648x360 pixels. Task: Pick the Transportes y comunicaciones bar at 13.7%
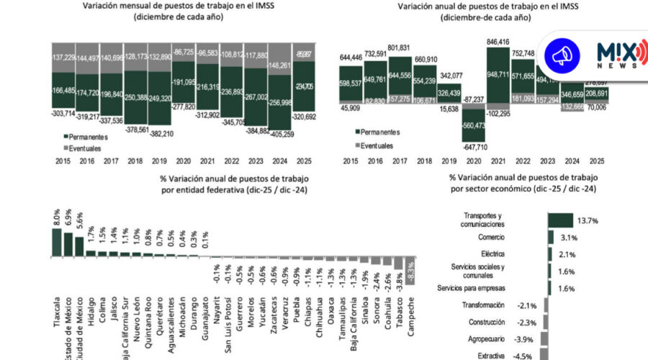561,220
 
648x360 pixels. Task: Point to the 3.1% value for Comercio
568,237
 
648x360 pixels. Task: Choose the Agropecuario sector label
486,339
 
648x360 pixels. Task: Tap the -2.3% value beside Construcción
527,323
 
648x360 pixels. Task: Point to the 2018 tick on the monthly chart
135,162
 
